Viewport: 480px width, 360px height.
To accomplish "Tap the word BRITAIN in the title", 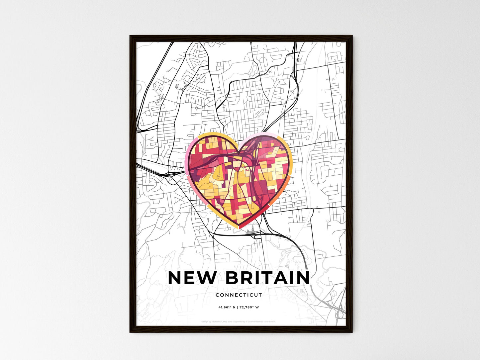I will pyautogui.click(x=267, y=278).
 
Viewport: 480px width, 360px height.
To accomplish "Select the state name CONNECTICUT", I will pyautogui.click(x=239, y=295).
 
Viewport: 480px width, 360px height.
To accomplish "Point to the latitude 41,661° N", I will pyautogui.click(x=227, y=307).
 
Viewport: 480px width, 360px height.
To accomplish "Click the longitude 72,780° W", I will pyautogui.click(x=249, y=307).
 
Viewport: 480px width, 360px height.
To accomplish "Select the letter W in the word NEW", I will pyautogui.click(x=208, y=278).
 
